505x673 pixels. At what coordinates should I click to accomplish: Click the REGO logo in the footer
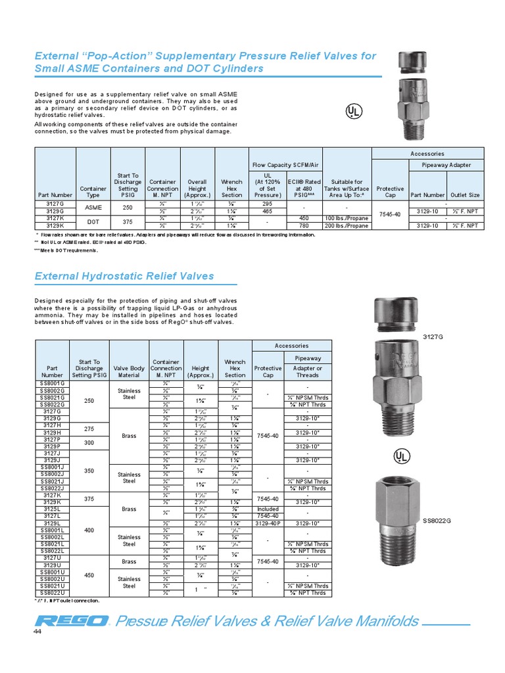coord(72,621)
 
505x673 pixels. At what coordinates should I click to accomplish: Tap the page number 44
coord(37,632)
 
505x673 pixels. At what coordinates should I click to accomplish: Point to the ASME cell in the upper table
coord(93,207)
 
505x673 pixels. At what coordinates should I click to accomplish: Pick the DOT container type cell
coord(93,221)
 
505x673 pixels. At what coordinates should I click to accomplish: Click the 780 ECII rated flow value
coord(304,225)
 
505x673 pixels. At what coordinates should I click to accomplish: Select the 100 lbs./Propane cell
coord(347,218)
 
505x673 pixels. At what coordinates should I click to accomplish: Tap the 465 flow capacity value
coord(266,211)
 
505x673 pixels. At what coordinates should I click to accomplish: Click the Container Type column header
coord(93,191)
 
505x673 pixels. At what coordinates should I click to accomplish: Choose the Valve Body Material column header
coord(129,372)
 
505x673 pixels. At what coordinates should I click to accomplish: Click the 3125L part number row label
coord(53,509)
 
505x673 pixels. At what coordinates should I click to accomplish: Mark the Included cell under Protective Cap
coord(268,509)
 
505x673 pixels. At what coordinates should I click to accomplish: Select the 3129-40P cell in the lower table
coord(268,523)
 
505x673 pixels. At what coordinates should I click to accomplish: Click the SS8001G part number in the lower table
coord(53,383)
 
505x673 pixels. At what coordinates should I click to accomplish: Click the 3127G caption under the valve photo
coord(433,336)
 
